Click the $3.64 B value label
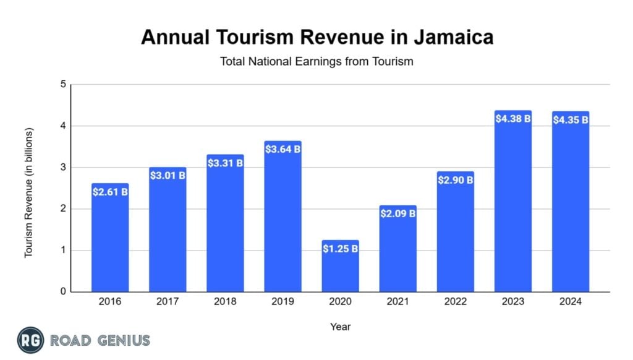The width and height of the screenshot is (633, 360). click(283, 149)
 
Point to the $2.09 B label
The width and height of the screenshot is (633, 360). click(398, 214)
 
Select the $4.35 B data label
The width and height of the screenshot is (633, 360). click(571, 119)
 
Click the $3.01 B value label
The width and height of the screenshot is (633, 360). click(168, 176)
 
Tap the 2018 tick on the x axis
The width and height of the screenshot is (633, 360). click(225, 302)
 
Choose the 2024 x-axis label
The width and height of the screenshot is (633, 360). click(571, 302)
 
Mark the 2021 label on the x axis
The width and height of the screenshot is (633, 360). click(398, 302)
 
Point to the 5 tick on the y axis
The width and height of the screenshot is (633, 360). click(62, 85)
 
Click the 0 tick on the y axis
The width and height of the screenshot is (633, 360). click(62, 292)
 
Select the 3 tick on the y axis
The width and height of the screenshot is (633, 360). click(62, 168)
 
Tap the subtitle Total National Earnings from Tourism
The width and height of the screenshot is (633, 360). click(316, 61)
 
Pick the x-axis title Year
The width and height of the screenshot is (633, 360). click(340, 326)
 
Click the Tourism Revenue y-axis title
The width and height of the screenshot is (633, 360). click(28, 192)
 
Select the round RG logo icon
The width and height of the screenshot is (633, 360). click(30, 340)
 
